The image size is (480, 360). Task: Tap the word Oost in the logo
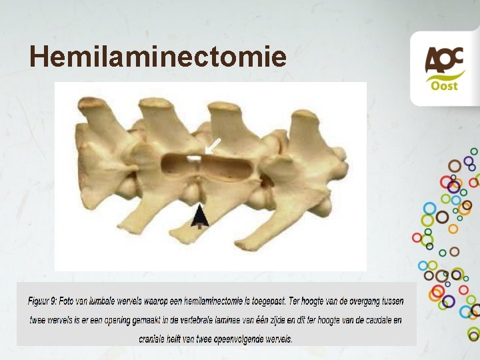point(444,87)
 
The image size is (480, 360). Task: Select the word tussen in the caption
point(389,301)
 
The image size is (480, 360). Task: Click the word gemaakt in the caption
point(173,320)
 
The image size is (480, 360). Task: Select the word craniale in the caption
point(155,339)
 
